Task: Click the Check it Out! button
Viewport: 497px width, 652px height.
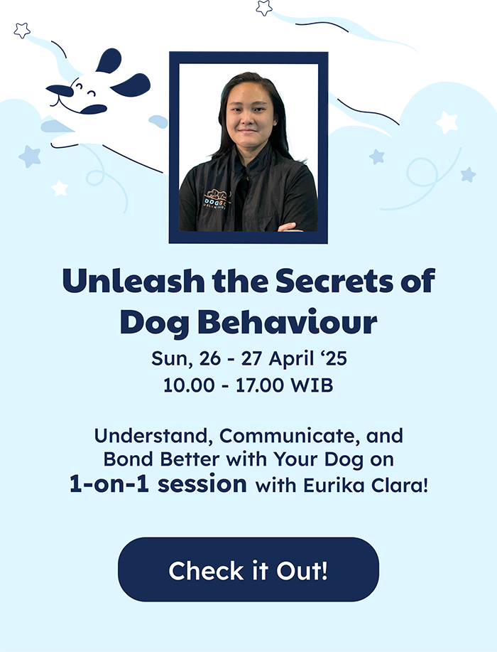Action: click(248, 570)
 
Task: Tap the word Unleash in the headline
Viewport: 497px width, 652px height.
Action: click(133, 281)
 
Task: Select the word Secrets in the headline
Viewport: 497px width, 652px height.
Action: click(334, 281)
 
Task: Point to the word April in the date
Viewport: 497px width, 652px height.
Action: click(290, 359)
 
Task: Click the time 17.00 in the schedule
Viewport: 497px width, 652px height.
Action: click(259, 385)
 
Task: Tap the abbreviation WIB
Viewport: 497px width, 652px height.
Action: click(312, 385)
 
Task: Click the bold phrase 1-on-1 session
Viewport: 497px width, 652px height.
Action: click(158, 484)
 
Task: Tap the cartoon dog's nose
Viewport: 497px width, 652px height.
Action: click(60, 90)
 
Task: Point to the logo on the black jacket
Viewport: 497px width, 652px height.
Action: click(217, 200)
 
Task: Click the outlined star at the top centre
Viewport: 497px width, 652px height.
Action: click(263, 8)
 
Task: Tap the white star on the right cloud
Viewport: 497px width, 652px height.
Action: click(447, 122)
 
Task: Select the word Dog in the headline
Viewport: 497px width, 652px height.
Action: click(155, 323)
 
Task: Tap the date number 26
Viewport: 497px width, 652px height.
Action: click(209, 359)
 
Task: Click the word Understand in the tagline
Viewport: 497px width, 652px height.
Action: click(151, 436)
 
